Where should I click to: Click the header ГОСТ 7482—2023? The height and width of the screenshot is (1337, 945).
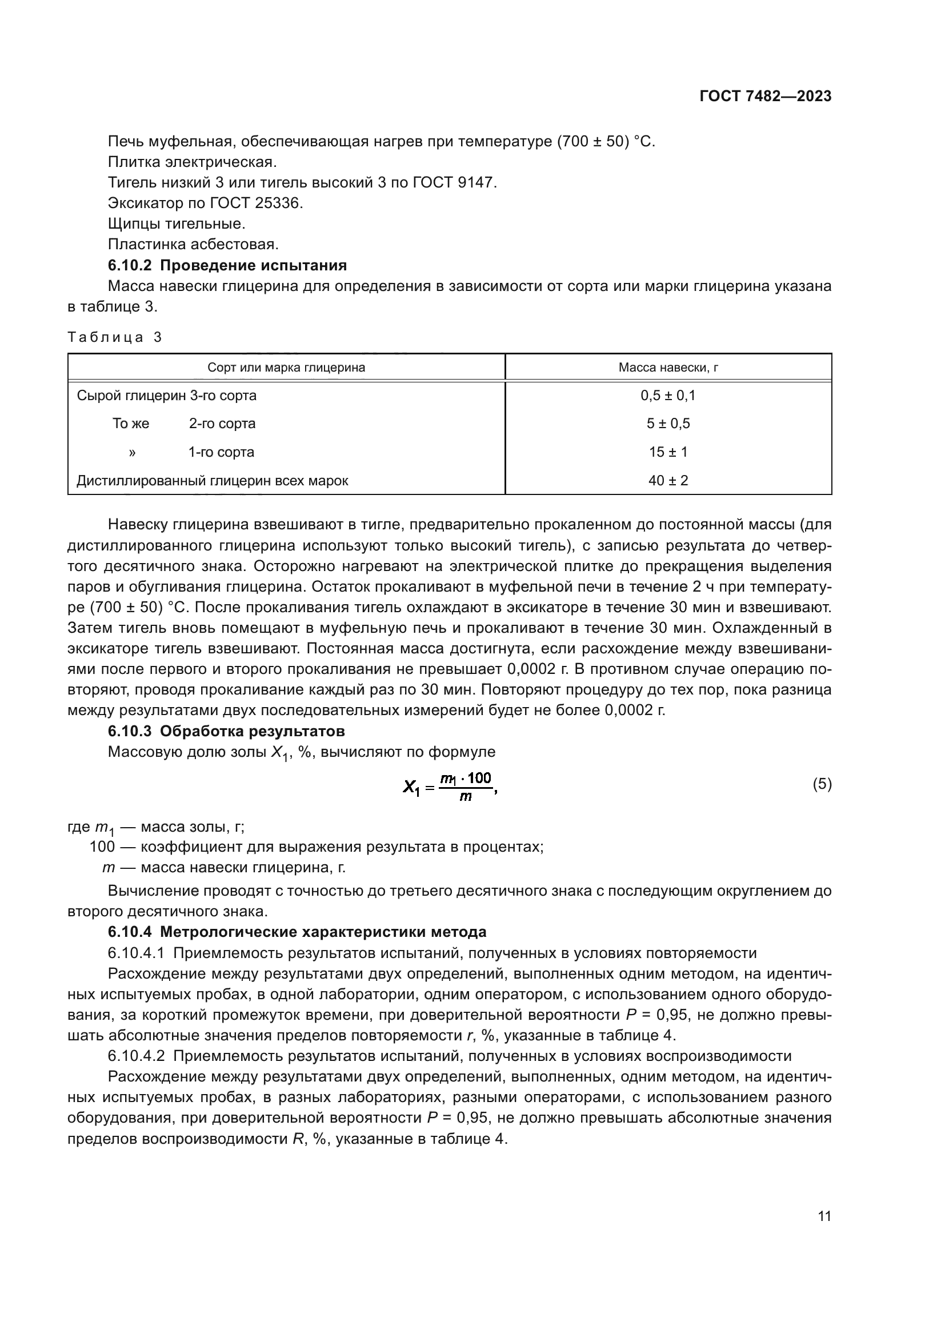tap(765, 96)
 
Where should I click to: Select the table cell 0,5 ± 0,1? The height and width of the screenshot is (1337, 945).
tap(668, 396)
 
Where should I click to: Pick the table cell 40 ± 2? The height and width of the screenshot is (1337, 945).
tap(668, 480)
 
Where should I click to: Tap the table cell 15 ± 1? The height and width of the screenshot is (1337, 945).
tap(668, 452)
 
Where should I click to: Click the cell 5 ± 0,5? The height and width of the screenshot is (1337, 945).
tap(668, 424)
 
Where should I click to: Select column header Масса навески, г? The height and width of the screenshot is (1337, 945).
tap(668, 368)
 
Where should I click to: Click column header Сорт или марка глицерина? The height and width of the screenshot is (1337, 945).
tap(286, 368)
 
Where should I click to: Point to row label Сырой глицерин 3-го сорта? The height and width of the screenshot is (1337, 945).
tap(166, 396)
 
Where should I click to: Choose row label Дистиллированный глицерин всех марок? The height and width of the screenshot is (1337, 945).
tap(213, 480)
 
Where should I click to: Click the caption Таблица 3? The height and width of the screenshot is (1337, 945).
tap(115, 337)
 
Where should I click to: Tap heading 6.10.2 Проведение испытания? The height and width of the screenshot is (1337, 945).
tap(227, 266)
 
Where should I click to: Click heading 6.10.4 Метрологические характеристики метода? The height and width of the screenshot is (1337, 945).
tap(297, 932)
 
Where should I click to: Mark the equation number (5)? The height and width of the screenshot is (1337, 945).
tap(822, 784)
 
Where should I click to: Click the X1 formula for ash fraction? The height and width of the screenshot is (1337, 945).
tap(450, 787)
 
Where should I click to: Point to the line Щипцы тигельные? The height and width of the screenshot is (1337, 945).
tap(177, 224)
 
